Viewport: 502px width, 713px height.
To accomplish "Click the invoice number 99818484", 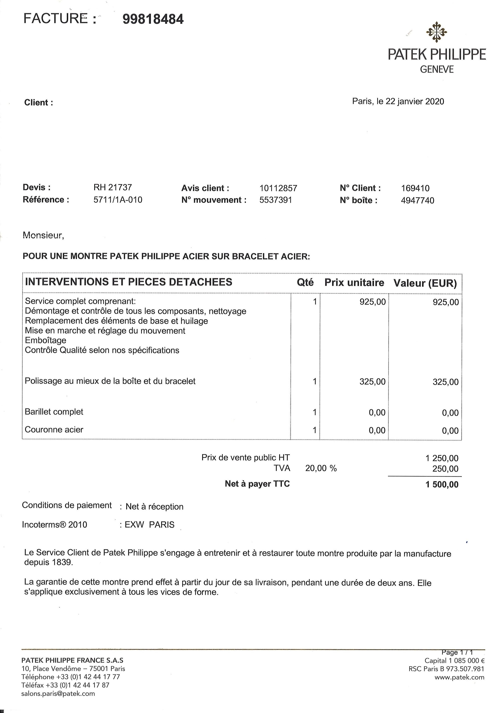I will click(x=153, y=19).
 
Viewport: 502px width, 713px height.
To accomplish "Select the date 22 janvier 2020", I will click(x=415, y=102).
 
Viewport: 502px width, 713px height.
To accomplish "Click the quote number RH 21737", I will click(x=113, y=187).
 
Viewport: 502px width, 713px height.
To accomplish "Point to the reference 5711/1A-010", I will click(x=118, y=200).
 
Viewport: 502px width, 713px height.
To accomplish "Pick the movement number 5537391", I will click(x=276, y=200).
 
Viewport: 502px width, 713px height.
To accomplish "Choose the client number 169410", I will click(x=415, y=188).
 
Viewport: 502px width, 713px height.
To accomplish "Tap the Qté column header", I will click(x=305, y=282).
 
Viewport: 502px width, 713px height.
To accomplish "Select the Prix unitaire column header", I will click(x=354, y=283).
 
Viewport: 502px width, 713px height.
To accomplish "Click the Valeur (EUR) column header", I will click(x=425, y=283).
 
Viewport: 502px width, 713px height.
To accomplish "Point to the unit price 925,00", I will click(x=373, y=302).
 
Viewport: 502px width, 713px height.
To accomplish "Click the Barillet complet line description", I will click(x=54, y=412).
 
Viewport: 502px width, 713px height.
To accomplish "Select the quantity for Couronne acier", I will click(x=314, y=430).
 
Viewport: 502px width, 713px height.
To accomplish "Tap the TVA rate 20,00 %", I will click(x=321, y=468).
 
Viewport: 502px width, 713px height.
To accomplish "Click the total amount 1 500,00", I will click(x=442, y=484).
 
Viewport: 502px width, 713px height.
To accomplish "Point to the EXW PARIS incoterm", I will click(x=150, y=525).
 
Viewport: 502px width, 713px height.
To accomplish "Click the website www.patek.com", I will click(x=459, y=677).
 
